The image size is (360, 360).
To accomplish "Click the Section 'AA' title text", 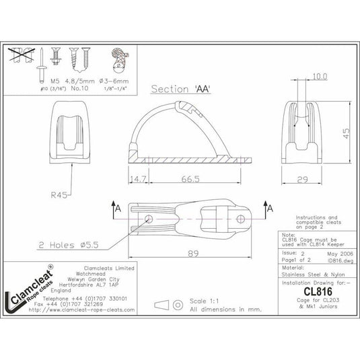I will click(x=178, y=88).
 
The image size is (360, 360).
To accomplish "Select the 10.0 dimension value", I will click(x=320, y=77).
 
